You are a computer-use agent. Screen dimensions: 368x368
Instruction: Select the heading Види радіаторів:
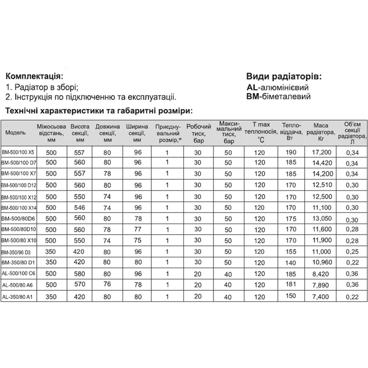(x=284, y=76)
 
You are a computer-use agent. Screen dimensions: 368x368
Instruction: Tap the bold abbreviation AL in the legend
(x=253, y=87)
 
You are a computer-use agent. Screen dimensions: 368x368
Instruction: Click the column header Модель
(x=16, y=132)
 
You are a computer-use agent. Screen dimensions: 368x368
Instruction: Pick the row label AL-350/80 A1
(x=18, y=296)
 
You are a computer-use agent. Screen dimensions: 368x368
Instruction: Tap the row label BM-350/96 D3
(x=18, y=252)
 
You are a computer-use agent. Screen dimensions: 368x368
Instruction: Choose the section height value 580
(x=80, y=274)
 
